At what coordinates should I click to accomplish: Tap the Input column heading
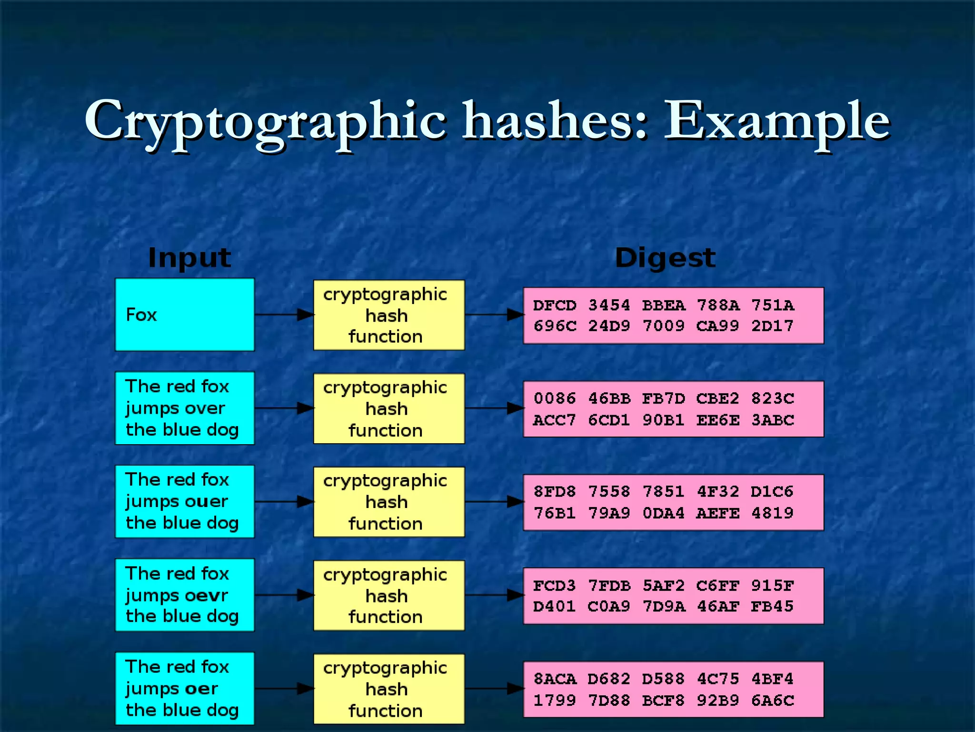tap(189, 258)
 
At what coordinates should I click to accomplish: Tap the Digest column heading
tap(665, 258)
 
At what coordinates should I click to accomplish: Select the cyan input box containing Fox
tap(185, 315)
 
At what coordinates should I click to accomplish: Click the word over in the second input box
tap(205, 408)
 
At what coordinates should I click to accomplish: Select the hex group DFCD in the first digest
tap(555, 305)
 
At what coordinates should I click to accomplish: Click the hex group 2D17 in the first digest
tap(772, 326)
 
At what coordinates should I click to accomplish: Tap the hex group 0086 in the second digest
tap(555, 398)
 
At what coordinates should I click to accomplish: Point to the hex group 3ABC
tap(772, 420)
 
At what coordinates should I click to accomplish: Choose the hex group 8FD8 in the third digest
tap(555, 492)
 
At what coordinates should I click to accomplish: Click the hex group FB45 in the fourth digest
tap(772, 607)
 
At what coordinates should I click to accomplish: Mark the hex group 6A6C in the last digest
tap(772, 701)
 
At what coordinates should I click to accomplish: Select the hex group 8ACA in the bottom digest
tap(555, 679)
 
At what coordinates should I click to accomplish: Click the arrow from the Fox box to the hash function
tap(284, 315)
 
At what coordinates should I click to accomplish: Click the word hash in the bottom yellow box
tap(387, 690)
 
